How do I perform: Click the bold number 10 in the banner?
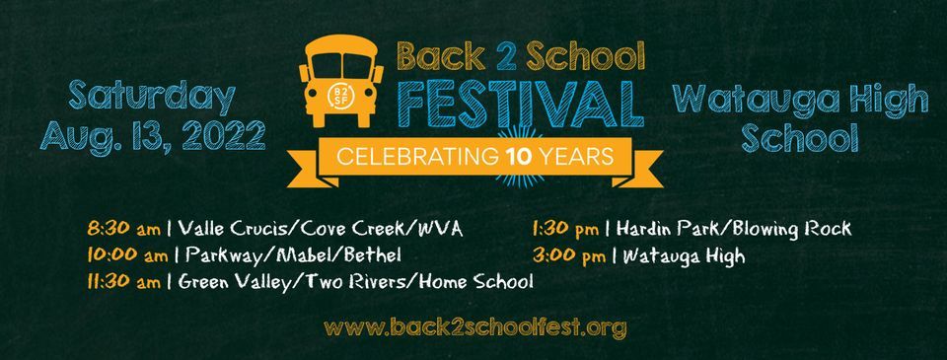pyautogui.click(x=521, y=156)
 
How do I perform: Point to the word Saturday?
pyautogui.click(x=152, y=97)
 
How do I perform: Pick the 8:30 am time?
pyautogui.click(x=123, y=230)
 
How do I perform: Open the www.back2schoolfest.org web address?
pyautogui.click(x=474, y=326)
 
